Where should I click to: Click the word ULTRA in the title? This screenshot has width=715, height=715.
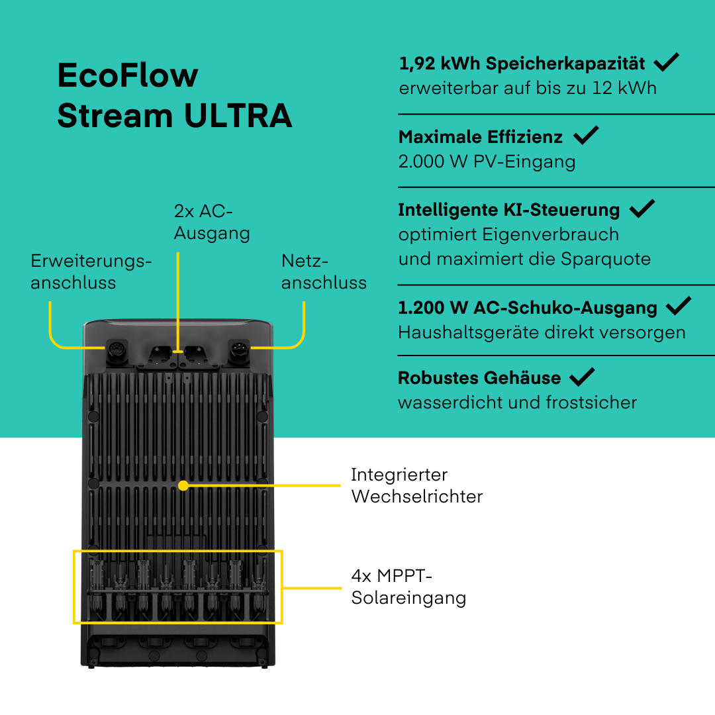pyautogui.click(x=238, y=116)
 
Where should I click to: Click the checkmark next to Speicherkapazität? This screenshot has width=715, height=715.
pyautogui.click(x=666, y=63)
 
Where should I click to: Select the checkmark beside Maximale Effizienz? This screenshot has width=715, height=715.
pyautogui.click(x=586, y=136)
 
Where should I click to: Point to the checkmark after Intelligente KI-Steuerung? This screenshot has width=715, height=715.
pyautogui.click(x=642, y=209)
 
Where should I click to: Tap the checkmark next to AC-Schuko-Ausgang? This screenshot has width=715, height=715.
pyautogui.click(x=679, y=307)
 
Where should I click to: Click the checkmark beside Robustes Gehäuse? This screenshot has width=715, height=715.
pyautogui.click(x=582, y=377)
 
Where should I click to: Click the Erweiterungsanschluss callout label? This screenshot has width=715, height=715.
pyautogui.click(x=91, y=271)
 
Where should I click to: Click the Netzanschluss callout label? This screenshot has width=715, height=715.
pyautogui.click(x=324, y=271)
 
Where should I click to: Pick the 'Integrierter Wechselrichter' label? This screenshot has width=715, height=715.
pyautogui.click(x=416, y=485)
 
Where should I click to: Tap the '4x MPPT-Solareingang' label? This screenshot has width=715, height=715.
pyautogui.click(x=408, y=587)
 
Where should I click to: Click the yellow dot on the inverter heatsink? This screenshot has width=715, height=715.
pyautogui.click(x=183, y=485)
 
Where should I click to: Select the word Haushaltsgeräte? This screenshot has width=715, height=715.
pyautogui.click(x=464, y=332)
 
